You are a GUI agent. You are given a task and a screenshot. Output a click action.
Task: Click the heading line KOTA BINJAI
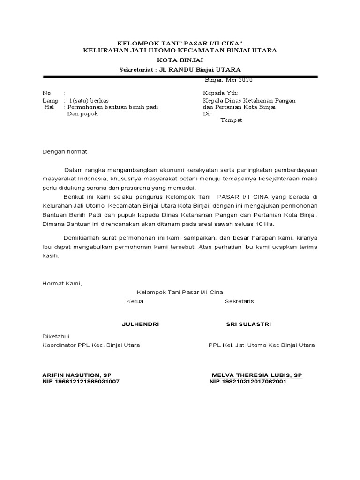pos(180,60)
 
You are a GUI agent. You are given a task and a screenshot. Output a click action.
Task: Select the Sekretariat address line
pos(180,70)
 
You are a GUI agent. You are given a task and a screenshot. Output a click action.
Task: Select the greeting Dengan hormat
pos(65,152)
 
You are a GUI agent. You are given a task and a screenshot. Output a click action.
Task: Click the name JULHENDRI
pos(140,324)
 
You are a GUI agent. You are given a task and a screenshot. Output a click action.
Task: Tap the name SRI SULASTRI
pos(248,324)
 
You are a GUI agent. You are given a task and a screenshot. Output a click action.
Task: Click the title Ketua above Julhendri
pos(135,301)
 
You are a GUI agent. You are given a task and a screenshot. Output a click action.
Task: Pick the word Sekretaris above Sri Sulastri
pos(239,301)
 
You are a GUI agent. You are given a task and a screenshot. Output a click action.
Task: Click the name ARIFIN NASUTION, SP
pos(77,375)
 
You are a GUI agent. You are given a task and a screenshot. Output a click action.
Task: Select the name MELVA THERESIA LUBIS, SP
pos(257,375)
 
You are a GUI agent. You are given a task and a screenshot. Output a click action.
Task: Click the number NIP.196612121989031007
pos(81,382)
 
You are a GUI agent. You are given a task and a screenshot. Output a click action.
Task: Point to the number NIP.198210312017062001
pos(248,382)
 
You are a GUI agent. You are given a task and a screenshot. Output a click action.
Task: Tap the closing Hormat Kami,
pos(62,283)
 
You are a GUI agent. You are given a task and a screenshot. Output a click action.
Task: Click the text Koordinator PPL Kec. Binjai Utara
pos(91,345)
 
